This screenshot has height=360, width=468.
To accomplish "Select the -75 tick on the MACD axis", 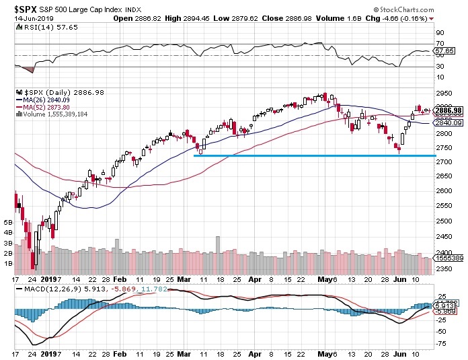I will point(442,343).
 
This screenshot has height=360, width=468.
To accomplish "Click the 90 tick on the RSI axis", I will point(440,32).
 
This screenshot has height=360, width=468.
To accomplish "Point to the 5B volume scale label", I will point(9,221).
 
